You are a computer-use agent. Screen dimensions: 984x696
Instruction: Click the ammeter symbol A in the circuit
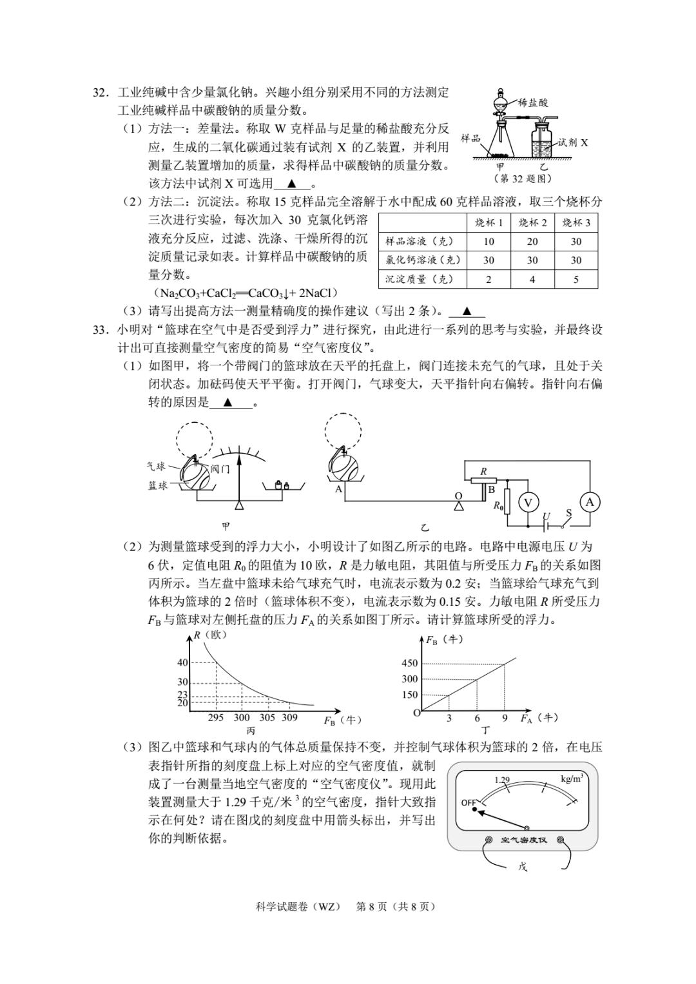[589, 502]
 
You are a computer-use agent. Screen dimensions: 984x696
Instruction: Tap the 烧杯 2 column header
[532, 222]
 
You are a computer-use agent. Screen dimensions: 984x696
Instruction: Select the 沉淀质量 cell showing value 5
[575, 279]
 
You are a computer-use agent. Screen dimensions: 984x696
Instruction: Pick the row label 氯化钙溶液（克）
[423, 260]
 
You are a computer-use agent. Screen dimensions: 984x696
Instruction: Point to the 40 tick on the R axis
[182, 662]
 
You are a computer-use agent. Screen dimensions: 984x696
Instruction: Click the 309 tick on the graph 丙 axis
[289, 717]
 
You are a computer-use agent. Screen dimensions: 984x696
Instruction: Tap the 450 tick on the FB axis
[410, 663]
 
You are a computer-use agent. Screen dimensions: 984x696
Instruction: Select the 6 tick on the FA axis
[477, 718]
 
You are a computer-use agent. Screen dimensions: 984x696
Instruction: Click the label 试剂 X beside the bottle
[573, 142]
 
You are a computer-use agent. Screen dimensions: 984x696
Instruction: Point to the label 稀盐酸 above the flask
[533, 102]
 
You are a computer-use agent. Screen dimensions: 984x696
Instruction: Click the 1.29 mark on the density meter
[502, 780]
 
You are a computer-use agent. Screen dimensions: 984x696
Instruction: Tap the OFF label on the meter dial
[469, 802]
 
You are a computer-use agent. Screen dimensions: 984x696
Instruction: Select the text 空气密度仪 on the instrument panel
[523, 840]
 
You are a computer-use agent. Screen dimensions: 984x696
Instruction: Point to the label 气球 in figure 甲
[157, 466]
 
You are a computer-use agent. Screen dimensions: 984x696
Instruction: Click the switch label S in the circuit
[568, 514]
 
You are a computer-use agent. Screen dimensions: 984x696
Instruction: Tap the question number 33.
[99, 330]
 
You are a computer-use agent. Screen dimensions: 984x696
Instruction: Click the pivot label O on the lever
[458, 496]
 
